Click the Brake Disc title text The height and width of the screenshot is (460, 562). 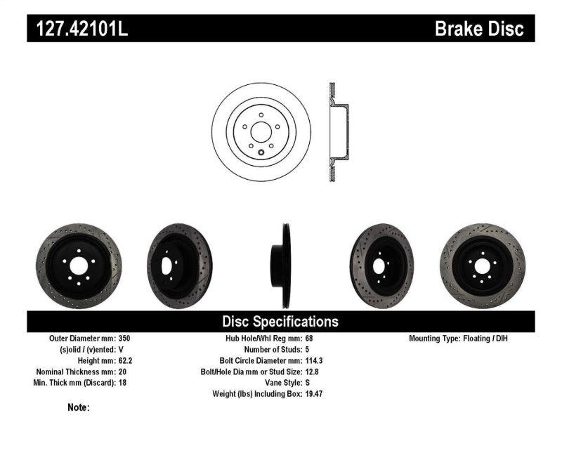click(x=479, y=29)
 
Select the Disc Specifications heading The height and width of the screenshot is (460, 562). click(x=280, y=322)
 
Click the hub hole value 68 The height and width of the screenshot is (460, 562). click(x=310, y=339)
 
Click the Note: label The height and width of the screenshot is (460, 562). click(x=79, y=407)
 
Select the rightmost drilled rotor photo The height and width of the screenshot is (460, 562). click(x=482, y=265)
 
